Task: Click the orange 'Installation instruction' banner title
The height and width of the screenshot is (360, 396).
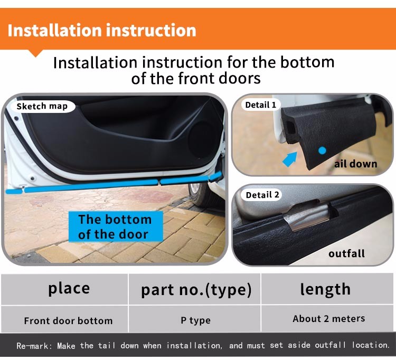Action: [102, 30]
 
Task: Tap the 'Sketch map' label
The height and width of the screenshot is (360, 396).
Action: [42, 106]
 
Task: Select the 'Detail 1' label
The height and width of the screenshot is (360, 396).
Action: [261, 105]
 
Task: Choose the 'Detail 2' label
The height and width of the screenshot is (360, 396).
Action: [262, 195]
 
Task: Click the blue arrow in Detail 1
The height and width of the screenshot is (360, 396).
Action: [290, 159]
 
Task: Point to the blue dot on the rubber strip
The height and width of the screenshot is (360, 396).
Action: [322, 151]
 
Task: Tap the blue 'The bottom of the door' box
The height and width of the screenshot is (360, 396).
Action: [116, 226]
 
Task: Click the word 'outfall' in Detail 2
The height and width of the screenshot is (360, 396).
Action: [346, 253]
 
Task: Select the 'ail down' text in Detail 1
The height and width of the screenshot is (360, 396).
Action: [355, 164]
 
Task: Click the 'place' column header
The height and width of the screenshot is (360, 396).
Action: [69, 289]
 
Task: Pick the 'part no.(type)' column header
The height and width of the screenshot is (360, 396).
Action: [196, 290]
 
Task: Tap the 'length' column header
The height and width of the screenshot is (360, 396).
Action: [325, 289]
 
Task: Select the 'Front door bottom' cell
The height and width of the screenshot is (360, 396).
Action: [68, 320]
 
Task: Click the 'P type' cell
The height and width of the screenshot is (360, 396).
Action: [195, 320]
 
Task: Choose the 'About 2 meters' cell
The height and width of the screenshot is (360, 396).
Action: [329, 319]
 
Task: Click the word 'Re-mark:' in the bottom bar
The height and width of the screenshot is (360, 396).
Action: [35, 346]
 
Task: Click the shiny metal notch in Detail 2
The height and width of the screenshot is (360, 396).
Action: [309, 216]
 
